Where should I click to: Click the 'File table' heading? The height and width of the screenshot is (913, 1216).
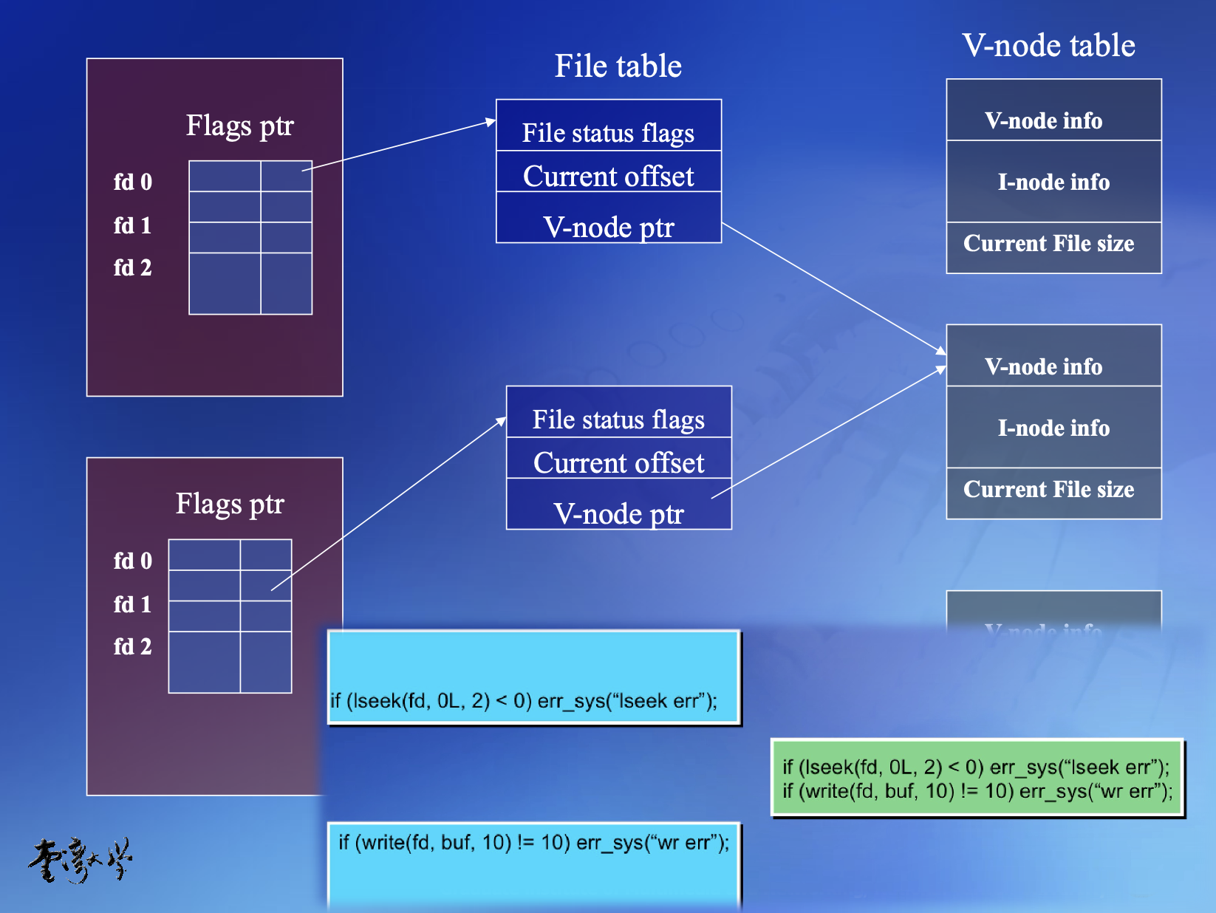coord(618,66)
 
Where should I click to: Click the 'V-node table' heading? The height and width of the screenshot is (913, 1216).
coord(1048,45)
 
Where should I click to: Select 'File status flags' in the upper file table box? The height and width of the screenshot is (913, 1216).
coord(608,132)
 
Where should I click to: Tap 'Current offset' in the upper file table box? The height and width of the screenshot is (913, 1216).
coord(608,176)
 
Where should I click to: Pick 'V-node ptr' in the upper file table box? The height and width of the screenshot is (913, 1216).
coord(608,227)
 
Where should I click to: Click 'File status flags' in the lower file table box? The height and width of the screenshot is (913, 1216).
coord(618,419)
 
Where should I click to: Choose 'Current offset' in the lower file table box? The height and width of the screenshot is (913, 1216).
coord(618,462)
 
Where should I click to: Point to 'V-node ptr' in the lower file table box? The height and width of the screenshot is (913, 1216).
coord(618,513)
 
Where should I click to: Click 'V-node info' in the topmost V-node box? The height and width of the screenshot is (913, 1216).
coord(1043,120)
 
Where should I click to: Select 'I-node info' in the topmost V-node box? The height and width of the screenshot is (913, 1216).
coord(1053,182)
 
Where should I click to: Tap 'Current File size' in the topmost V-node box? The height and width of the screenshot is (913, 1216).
coord(1048,243)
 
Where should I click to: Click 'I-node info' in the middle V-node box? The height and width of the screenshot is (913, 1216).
coord(1053,428)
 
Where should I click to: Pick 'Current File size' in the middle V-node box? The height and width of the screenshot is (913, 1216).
coord(1048,489)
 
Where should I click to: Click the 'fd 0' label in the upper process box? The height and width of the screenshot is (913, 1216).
coord(132,182)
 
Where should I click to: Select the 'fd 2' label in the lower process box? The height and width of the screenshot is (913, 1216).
coord(132,646)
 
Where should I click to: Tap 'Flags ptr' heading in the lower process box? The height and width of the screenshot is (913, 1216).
coord(230,504)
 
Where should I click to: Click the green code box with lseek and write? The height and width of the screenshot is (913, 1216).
coord(977,779)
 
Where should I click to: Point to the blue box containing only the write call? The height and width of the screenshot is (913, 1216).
coord(533,864)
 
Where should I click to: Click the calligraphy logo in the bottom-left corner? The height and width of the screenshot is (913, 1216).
coord(81,861)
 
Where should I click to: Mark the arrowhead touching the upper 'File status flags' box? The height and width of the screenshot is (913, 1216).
coord(491,122)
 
